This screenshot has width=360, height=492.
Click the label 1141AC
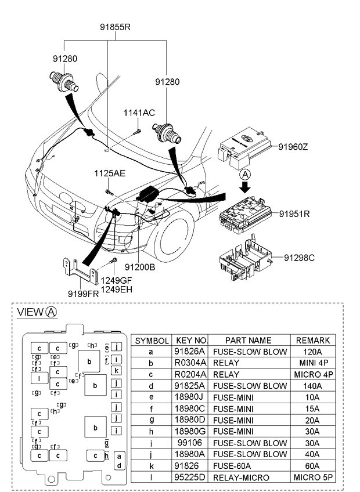click(138, 113)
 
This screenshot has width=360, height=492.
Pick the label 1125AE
click(110, 173)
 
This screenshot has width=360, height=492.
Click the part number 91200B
click(139, 267)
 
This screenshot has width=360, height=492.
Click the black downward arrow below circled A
click(246, 187)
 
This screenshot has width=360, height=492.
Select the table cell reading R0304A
click(190, 363)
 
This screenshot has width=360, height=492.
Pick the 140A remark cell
click(314, 386)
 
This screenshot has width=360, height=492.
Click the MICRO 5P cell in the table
click(314, 477)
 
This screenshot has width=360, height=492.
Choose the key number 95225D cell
click(190, 477)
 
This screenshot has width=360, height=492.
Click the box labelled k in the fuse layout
click(117, 370)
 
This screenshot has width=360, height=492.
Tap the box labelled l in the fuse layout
click(39, 379)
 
